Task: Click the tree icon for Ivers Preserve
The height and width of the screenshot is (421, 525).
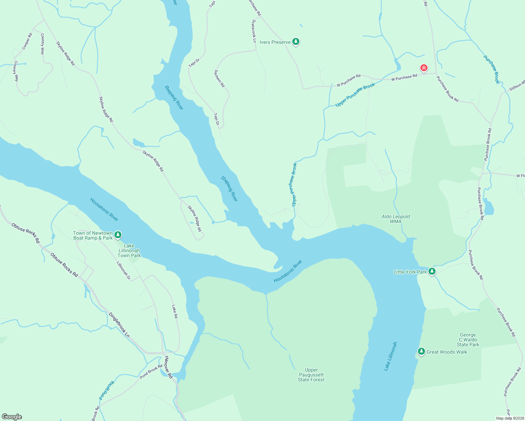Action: point(296,42)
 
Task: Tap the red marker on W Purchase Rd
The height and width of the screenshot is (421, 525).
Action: point(424,68)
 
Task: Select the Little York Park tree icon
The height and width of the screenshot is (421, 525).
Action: point(432,272)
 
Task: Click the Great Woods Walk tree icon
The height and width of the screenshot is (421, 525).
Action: point(421,352)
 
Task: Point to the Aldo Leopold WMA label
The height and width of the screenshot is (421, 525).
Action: point(396,219)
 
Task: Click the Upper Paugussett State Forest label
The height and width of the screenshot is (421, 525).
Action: point(311,375)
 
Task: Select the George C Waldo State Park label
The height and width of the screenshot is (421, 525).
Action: point(468,340)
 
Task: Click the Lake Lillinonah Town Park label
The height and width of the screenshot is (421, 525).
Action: point(129,250)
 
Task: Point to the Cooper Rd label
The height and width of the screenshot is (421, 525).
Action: point(27,41)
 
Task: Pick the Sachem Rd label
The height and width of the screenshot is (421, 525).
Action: point(219,78)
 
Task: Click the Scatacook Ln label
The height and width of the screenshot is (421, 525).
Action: point(254,31)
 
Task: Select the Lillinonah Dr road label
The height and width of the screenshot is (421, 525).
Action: point(124,270)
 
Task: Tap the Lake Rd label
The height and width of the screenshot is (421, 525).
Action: point(174,311)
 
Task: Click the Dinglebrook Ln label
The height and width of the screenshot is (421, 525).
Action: point(119,325)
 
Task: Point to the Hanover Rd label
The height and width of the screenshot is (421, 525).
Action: point(169,367)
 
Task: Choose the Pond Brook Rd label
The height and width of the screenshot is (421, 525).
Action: point(151,372)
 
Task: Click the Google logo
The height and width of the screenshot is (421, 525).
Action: point(12,417)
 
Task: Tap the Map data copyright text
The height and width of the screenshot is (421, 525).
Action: point(510,418)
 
